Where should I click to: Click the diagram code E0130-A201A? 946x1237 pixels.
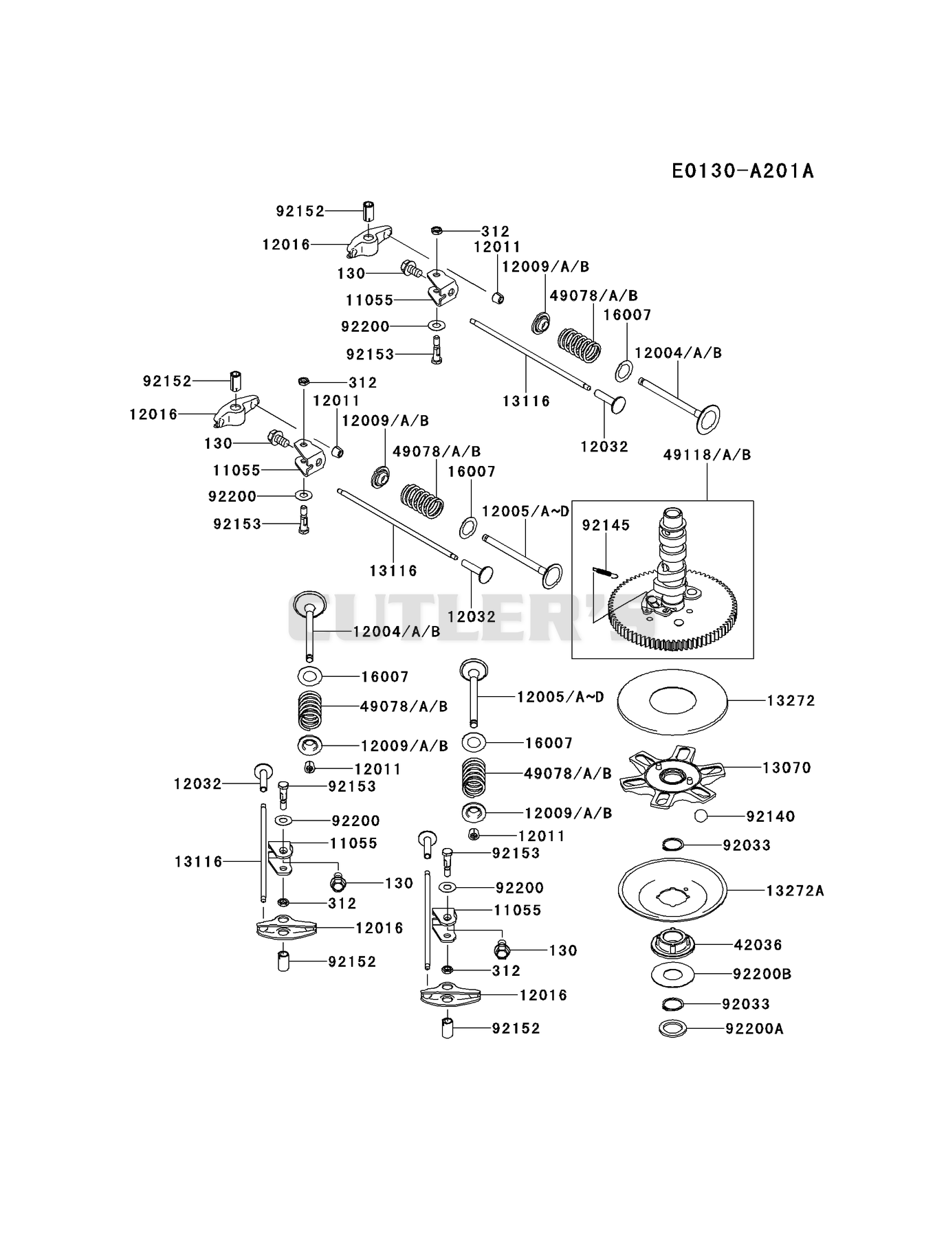[x=742, y=170]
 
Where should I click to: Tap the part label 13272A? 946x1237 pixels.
[x=795, y=891]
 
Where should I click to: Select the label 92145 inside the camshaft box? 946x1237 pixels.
[x=606, y=525]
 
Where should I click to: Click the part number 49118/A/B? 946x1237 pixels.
[x=707, y=454]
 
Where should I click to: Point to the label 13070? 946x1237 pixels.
[x=787, y=767]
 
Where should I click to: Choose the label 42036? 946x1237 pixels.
[x=758, y=944]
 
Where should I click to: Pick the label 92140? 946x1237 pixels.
[x=771, y=816]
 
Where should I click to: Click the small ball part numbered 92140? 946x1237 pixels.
[x=701, y=816]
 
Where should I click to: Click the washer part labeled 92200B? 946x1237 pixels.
[x=672, y=974]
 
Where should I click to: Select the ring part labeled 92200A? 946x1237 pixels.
[x=673, y=1029]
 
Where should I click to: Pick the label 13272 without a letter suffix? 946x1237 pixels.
[x=791, y=700]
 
